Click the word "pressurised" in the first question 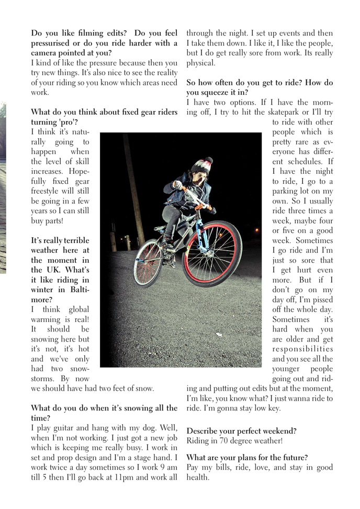coord(52,43)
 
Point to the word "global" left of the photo coord(79,309)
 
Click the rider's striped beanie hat coord(202,164)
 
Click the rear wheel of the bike coord(148,263)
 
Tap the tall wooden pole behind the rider coord(133,189)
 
